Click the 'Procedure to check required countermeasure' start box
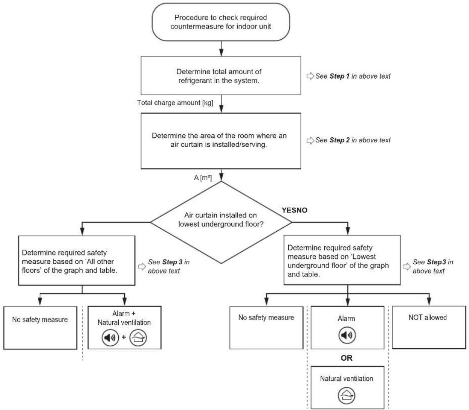221,22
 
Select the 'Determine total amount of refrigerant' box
221,76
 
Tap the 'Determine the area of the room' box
221,141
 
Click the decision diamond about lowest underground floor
221,222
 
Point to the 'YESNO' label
295,210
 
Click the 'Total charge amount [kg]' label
175,103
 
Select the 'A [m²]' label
203,178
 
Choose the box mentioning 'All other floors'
76,260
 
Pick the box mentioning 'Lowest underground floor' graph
342,260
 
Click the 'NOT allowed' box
429,327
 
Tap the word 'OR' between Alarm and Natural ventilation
347,358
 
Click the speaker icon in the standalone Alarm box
347,335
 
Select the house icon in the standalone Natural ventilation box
347,396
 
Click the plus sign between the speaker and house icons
124,337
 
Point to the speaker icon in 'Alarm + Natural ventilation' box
110,337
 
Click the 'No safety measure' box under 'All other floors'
40,328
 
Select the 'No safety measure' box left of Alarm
266,328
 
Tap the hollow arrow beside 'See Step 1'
310,76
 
